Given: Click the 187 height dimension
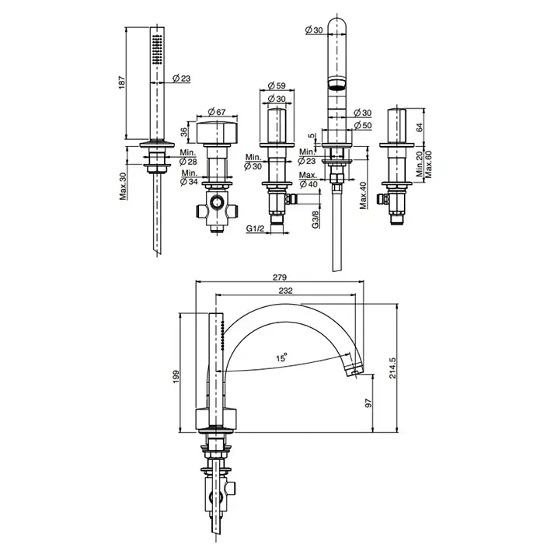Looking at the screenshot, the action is coord(122,82).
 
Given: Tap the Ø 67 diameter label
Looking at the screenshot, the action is coord(217,112).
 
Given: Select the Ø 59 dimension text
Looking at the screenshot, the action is coord(277,85).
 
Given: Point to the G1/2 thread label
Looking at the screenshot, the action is coord(256,228).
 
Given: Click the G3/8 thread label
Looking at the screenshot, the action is coord(316,219).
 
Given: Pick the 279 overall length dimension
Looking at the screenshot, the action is coord(280,277).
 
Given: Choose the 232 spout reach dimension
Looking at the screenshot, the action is coord(285,291).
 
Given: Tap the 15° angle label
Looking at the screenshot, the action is coord(282,357).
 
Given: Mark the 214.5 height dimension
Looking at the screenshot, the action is coord(392,368).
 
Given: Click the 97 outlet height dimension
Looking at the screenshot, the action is coord(368,403).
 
